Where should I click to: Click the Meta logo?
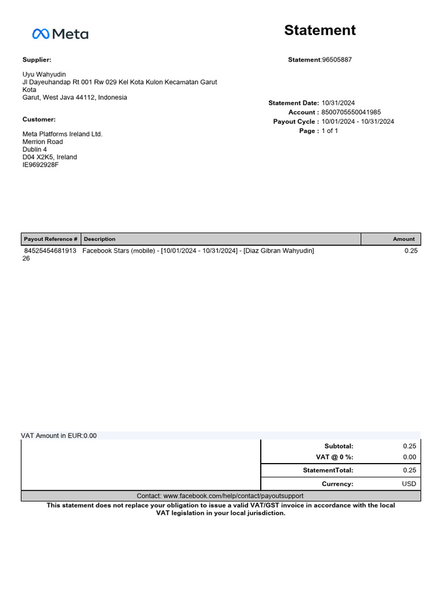click(x=60, y=35)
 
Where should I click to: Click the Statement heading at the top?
click(x=320, y=30)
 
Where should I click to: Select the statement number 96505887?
click(x=337, y=60)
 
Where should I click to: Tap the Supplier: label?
click(x=37, y=60)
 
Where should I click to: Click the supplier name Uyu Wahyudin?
click(x=44, y=75)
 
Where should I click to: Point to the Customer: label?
click(x=39, y=120)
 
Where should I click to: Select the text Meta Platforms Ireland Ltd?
click(x=62, y=134)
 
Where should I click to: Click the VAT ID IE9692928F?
click(x=40, y=165)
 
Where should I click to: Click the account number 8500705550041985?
click(x=351, y=112)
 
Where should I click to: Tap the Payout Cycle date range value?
click(x=358, y=121)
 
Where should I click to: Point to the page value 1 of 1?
click(x=330, y=131)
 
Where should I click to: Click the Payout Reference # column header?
click(x=51, y=239)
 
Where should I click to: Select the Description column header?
click(x=100, y=239)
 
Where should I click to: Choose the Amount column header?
click(x=403, y=239)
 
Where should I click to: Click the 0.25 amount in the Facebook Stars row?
click(x=410, y=251)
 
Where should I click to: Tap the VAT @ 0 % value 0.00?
click(x=409, y=457)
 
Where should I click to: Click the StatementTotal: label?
click(x=328, y=471)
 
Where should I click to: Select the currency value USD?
click(x=409, y=484)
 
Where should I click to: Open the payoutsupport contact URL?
click(x=233, y=496)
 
